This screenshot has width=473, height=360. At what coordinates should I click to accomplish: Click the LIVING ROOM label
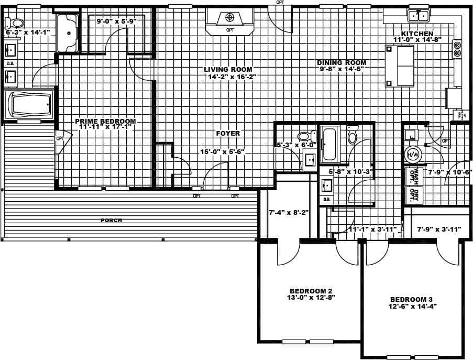pos(228,69)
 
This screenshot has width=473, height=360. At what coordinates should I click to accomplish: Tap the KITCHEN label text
pos(417,33)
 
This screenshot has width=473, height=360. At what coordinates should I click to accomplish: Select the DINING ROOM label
pos(342,62)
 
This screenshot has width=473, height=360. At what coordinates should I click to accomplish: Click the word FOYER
pos(228,133)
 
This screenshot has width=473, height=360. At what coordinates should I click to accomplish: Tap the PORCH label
pos(111,221)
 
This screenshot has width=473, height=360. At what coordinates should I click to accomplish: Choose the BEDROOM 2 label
pos(311,290)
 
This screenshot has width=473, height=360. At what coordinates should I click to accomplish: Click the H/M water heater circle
pos(413,155)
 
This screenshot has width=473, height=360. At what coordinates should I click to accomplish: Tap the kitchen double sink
pos(419,16)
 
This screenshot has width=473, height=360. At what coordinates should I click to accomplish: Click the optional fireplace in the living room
pos(229,20)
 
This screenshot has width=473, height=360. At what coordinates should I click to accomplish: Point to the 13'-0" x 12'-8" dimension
pos(311,297)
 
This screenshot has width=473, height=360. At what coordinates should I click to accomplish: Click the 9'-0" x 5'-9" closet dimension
pos(116,21)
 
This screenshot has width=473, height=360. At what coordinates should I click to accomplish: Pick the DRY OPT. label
pos(415,195)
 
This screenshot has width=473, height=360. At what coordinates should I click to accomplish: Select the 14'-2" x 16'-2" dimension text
pos(232,77)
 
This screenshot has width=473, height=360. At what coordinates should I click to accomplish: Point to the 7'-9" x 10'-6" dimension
pos(450,171)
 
